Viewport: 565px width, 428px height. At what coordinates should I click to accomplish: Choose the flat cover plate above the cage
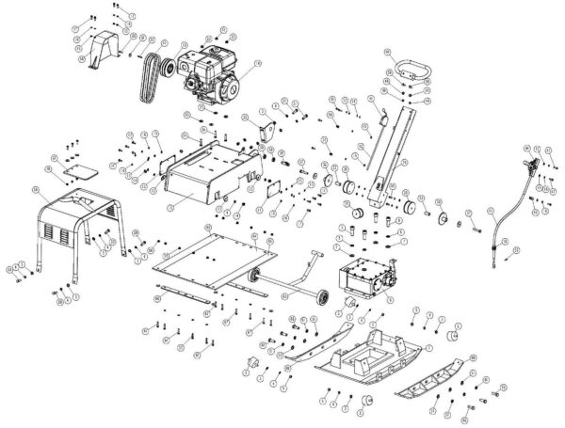tap(77, 172)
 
